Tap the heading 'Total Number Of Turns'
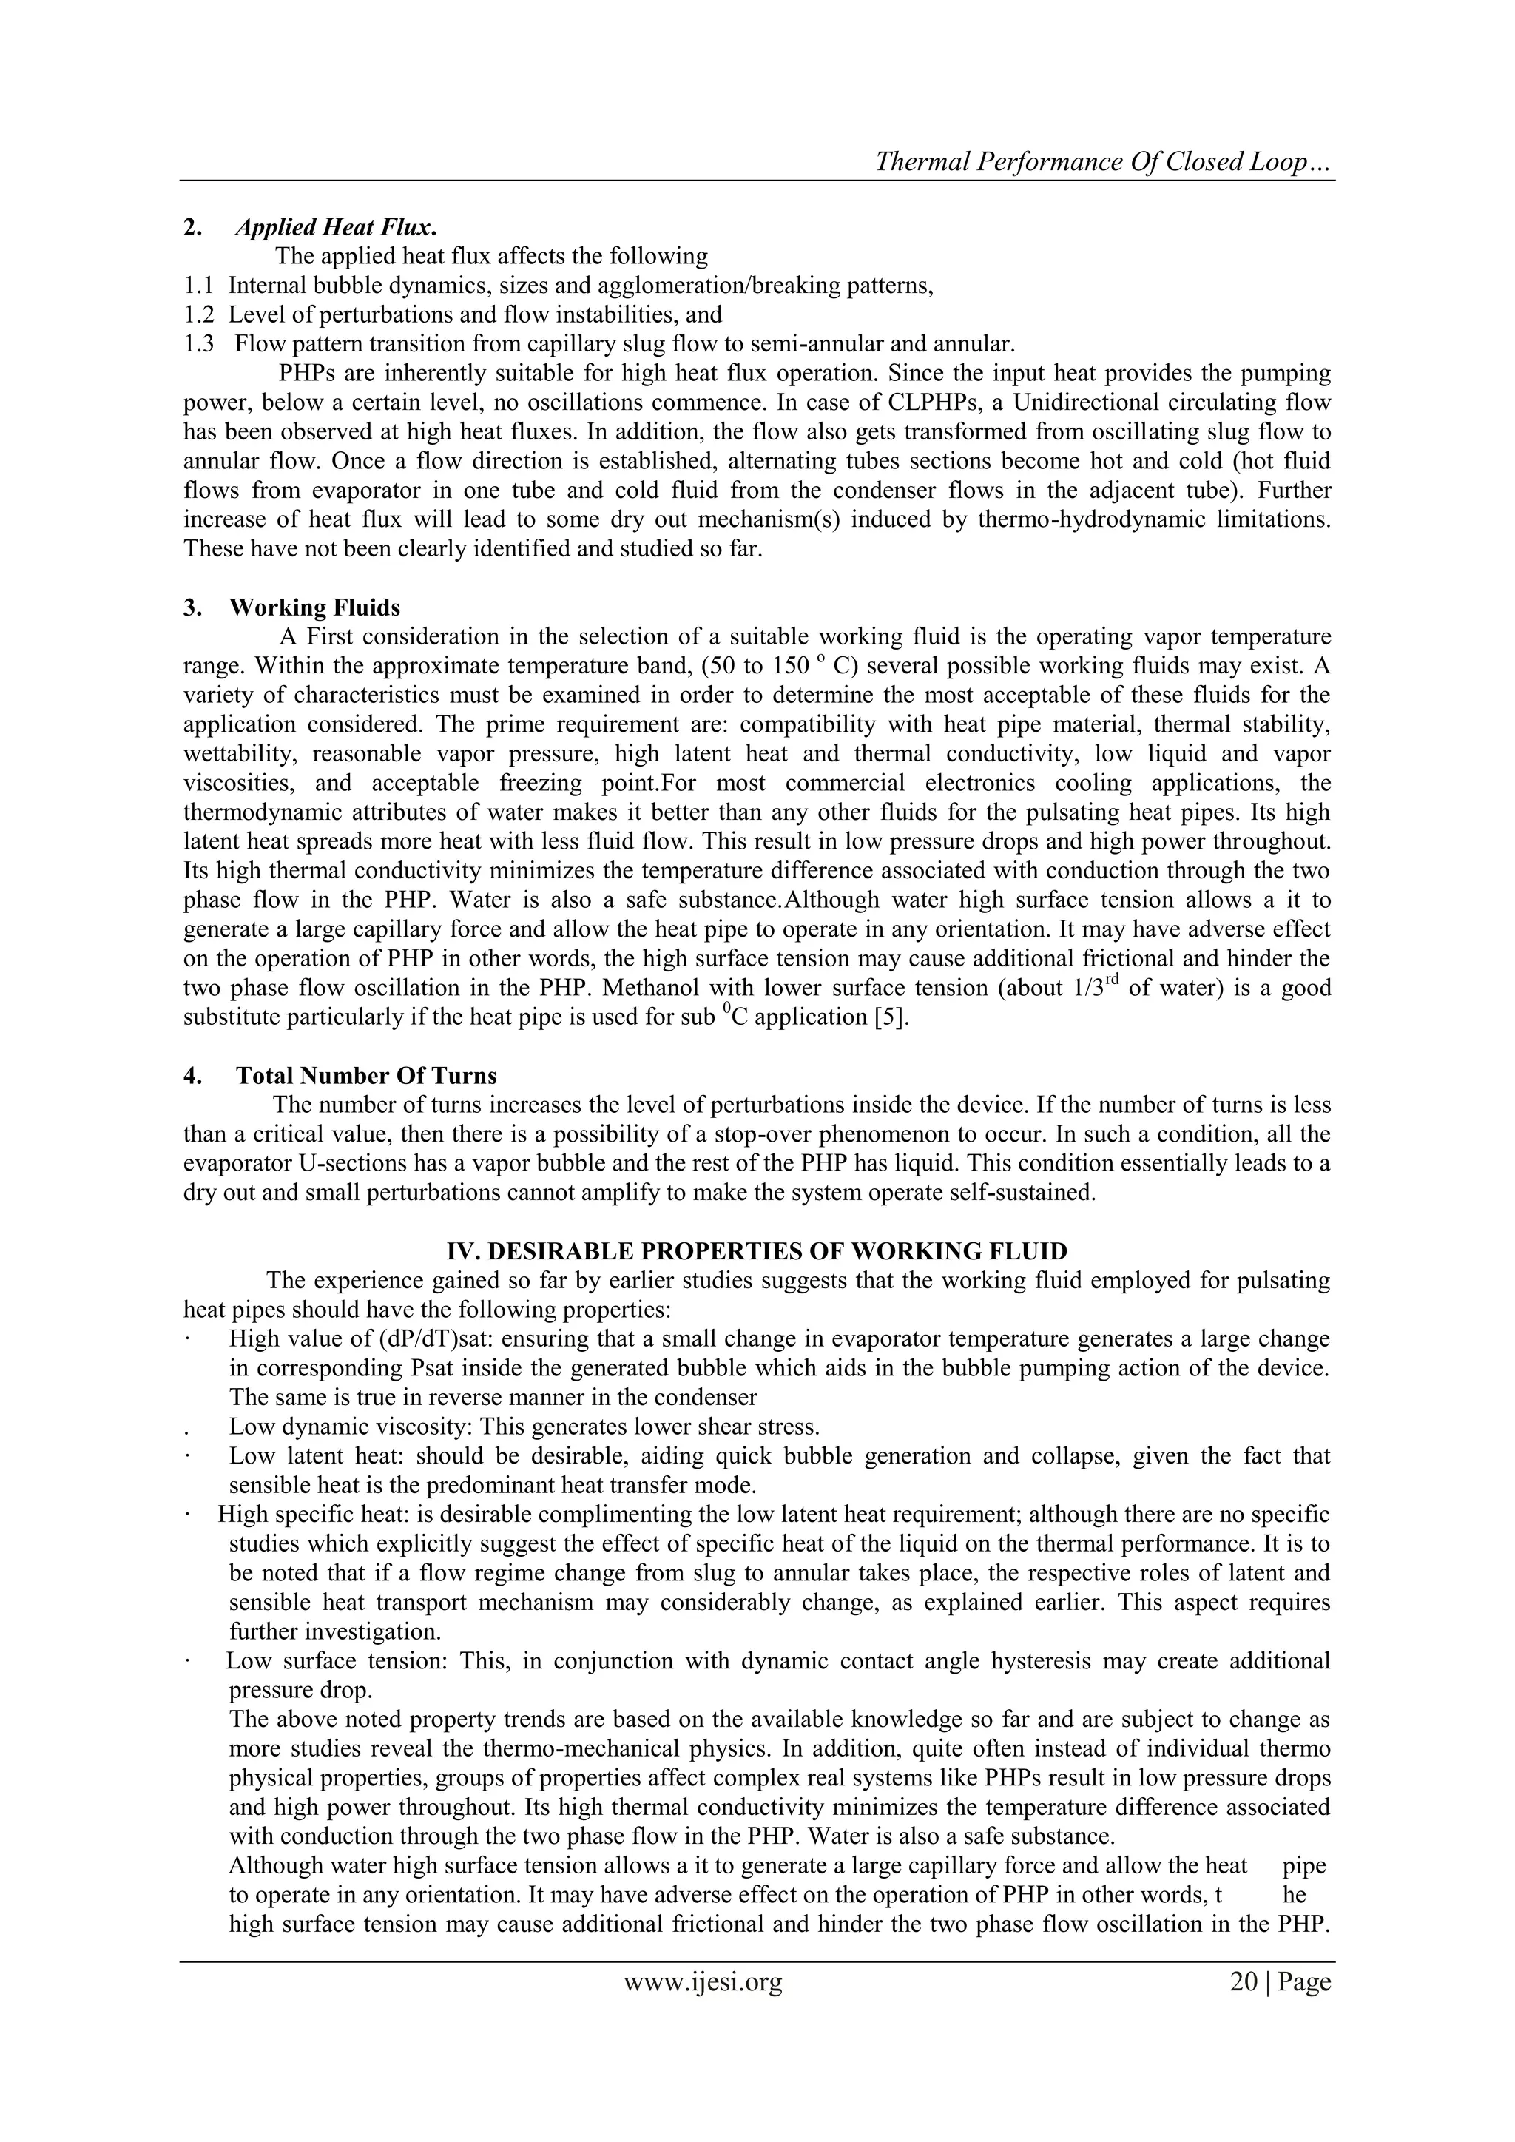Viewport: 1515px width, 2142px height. coord(367,1077)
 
